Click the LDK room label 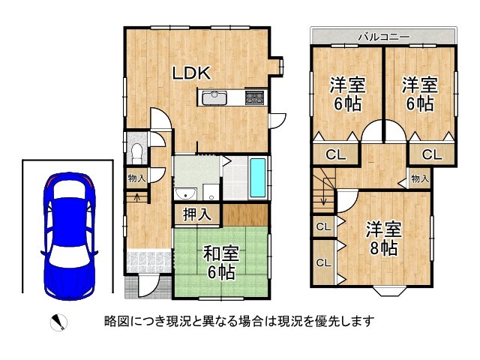coord(192,73)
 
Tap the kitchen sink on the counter coord(214,97)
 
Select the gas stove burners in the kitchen coord(254,97)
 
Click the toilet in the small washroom coord(136,151)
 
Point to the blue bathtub coord(257,178)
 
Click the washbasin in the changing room coord(185,193)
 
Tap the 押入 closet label coord(197,214)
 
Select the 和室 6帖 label coord(221,263)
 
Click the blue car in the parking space coord(70,236)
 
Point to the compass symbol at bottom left coord(58,322)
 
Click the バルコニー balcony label coord(384,37)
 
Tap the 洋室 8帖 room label coord(384,238)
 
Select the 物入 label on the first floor coord(136,178)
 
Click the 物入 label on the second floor coord(420,178)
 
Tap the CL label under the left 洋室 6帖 coord(335,155)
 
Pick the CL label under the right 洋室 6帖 coord(432,155)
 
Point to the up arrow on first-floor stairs coord(137,197)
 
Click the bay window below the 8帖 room coord(388,291)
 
